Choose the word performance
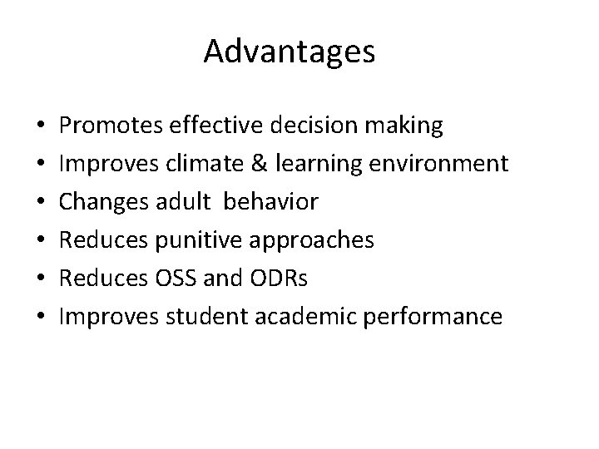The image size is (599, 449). click(x=431, y=317)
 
